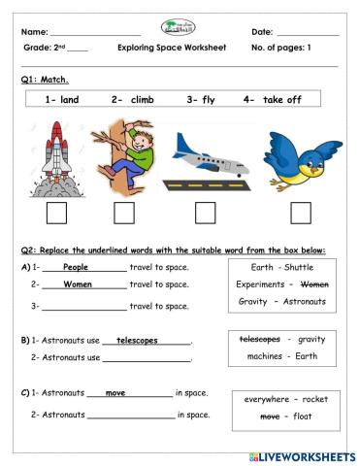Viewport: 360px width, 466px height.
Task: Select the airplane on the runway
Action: click(205, 158)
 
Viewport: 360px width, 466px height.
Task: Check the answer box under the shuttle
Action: click(56, 213)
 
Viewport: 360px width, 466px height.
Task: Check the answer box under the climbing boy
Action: click(124, 213)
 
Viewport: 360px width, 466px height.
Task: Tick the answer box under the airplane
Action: click(205, 213)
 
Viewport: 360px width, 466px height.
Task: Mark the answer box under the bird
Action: click(301, 213)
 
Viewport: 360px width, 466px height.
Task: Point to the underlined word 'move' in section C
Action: click(115, 393)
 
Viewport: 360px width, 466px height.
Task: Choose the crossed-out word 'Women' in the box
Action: click(314, 284)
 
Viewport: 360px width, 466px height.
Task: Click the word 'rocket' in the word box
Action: click(314, 398)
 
